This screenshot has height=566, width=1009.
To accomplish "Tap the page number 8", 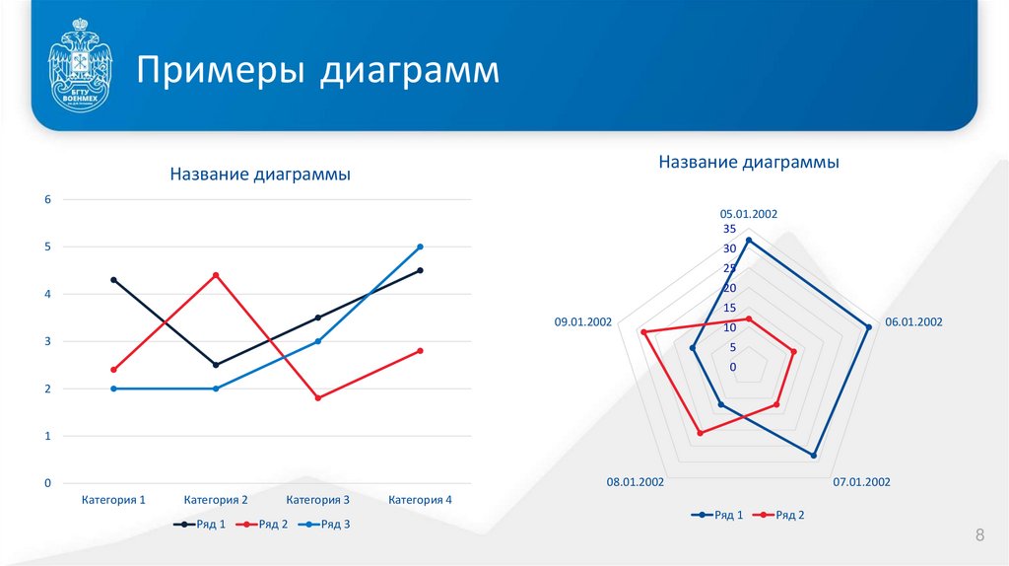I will point(979,535).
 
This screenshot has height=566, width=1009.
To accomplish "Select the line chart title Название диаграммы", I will point(260,175).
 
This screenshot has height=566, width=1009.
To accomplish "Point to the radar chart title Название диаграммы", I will point(749,162).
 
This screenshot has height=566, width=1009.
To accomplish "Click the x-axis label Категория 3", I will point(317,500).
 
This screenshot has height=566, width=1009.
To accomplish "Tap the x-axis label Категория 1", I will point(113,500).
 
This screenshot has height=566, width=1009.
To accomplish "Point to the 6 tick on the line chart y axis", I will point(46,199).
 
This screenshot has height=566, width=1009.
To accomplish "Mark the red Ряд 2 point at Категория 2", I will point(216,275).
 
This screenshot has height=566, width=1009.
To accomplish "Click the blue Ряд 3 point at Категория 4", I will point(420,247).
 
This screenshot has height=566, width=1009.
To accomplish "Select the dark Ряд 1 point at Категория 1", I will point(113,280).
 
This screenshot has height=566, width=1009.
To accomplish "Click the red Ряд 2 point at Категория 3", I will point(317,398).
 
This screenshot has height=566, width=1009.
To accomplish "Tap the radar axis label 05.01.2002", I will point(749,213).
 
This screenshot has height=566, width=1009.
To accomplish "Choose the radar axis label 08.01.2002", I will point(636,482).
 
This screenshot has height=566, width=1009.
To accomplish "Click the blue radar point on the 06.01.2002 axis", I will point(868,327).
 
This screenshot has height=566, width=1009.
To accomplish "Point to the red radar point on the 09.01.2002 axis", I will point(643,332).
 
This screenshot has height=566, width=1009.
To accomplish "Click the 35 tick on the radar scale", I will point(730,229).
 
